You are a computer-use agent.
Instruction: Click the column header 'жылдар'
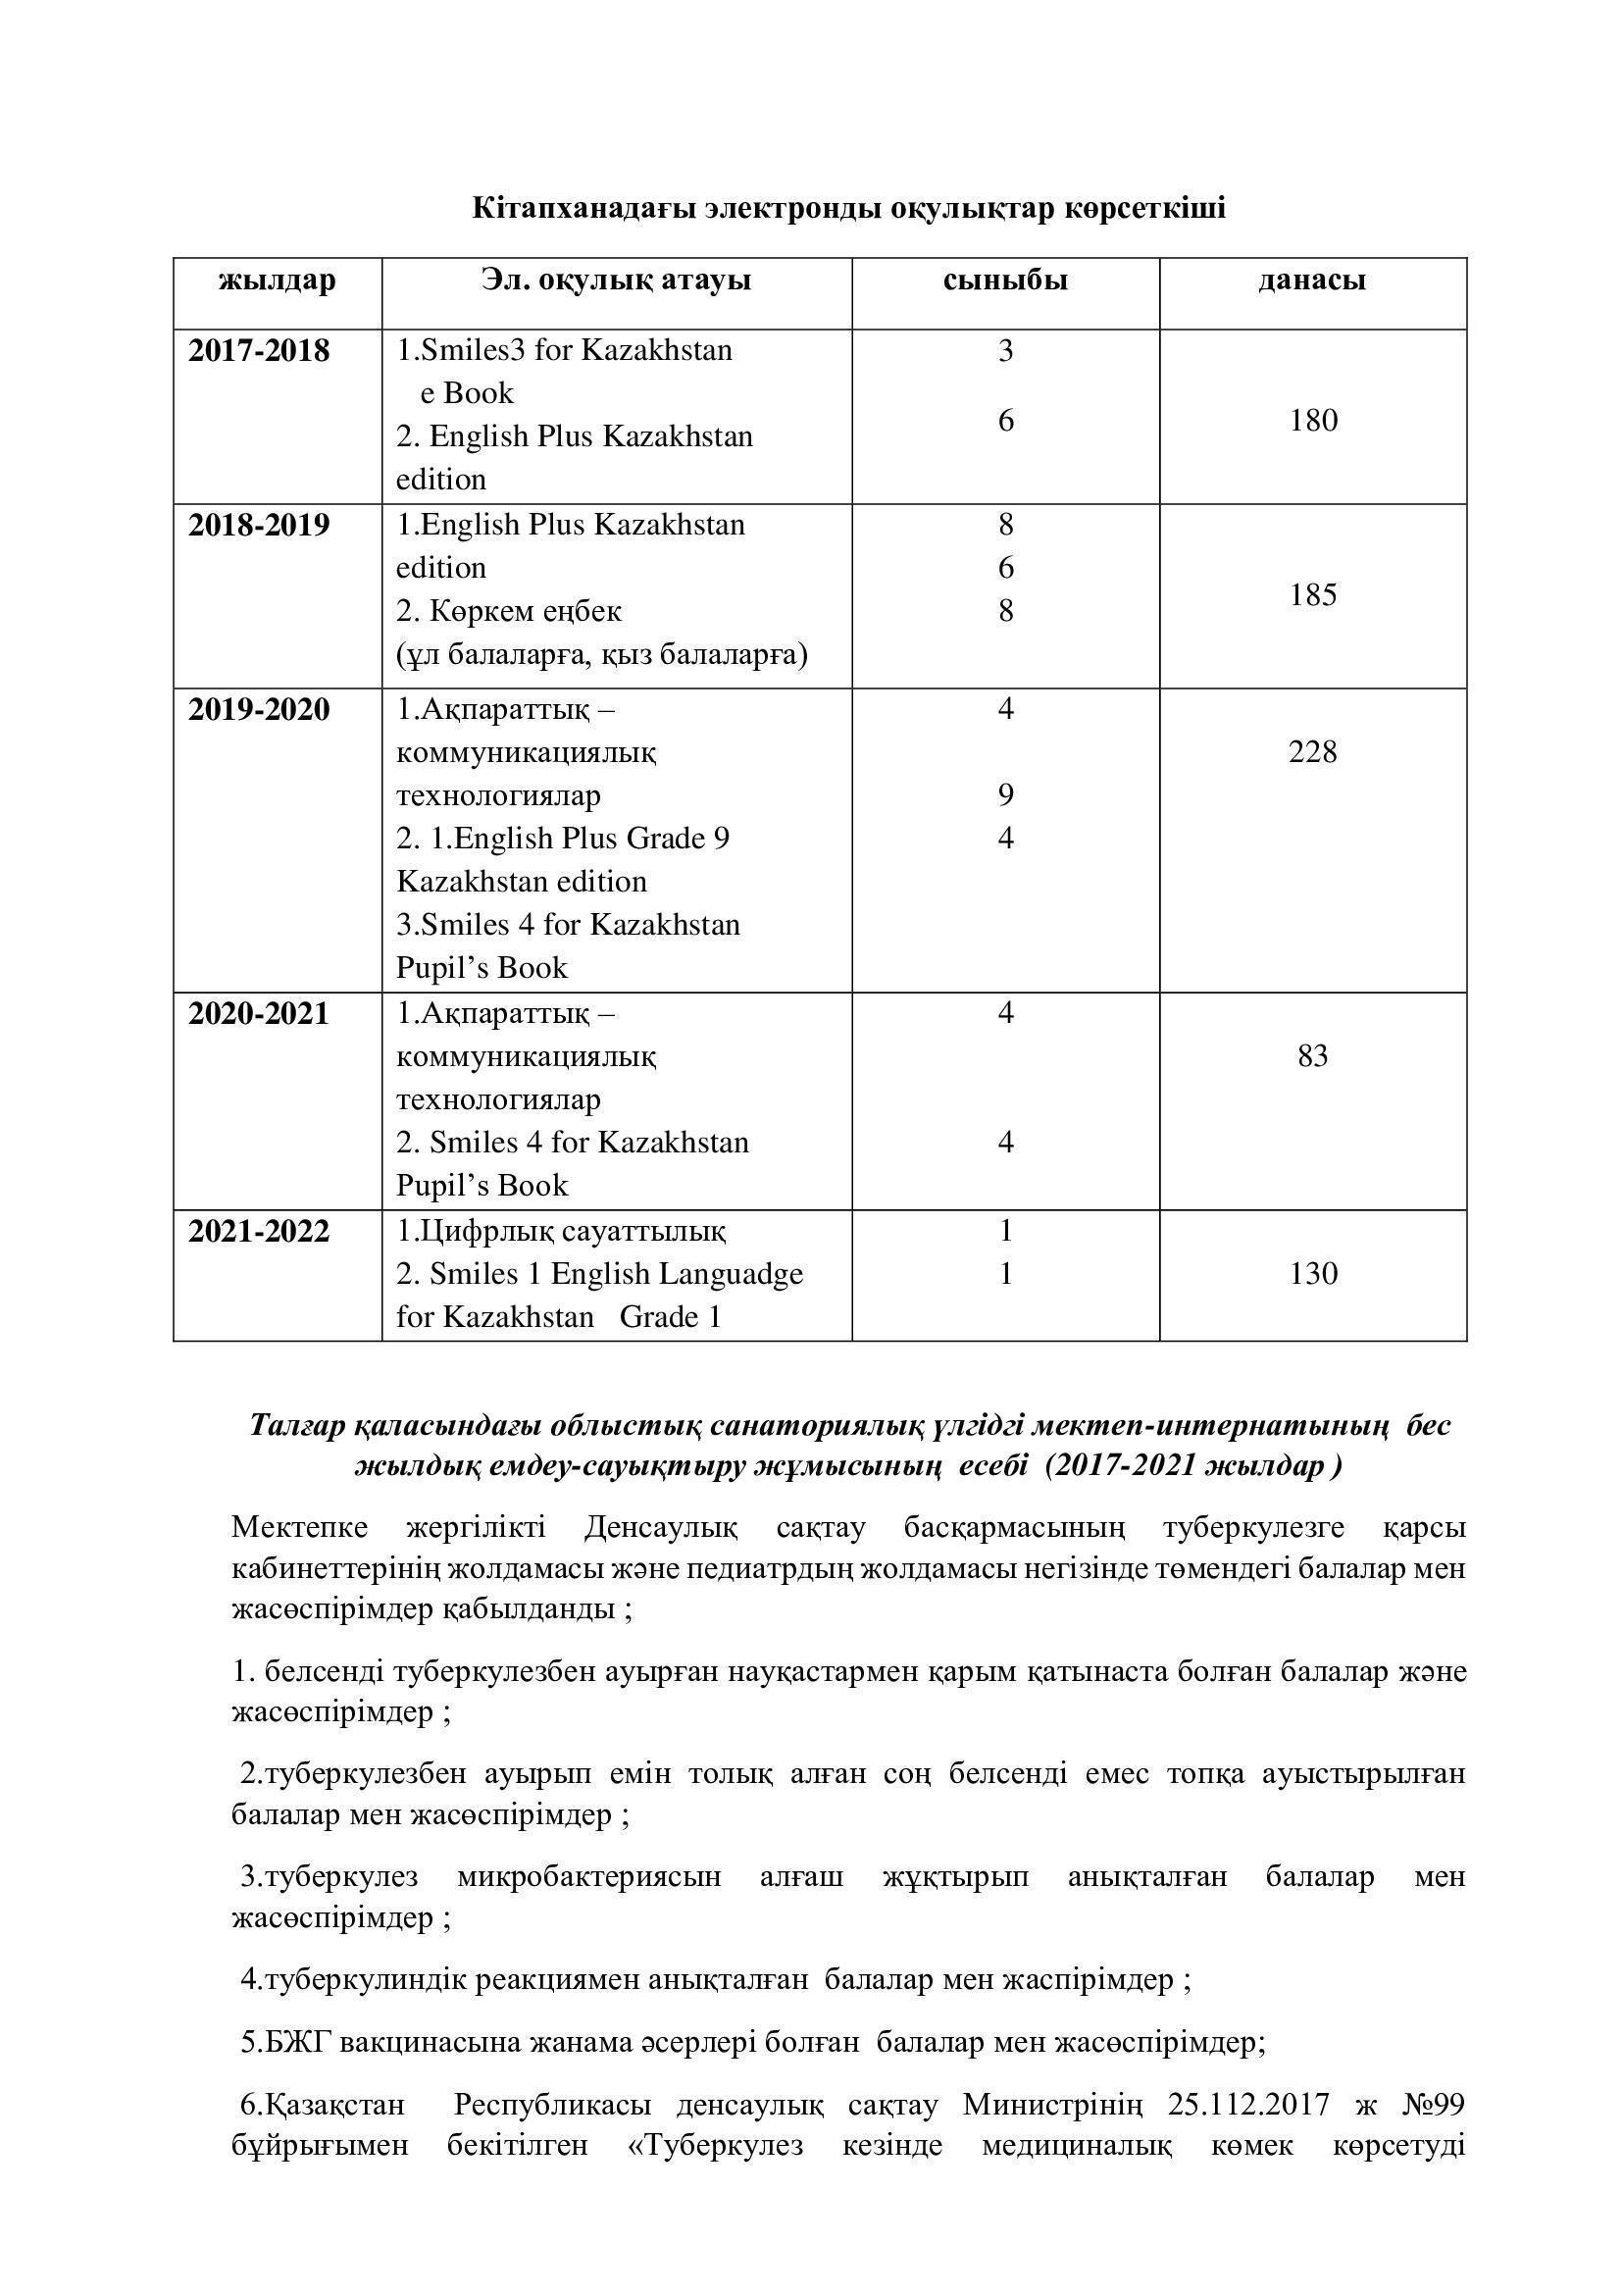pyautogui.click(x=277, y=280)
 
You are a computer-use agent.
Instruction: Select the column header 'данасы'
pyautogui.click(x=1311, y=280)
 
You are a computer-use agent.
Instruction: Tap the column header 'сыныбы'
pyautogui.click(x=1005, y=280)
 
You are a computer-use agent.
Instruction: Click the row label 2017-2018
pyautogui.click(x=259, y=352)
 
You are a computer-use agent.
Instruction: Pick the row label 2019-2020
pyautogui.click(x=259, y=710)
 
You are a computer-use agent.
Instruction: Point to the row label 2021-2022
pyautogui.click(x=259, y=1232)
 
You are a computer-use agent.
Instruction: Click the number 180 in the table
pyautogui.click(x=1312, y=421)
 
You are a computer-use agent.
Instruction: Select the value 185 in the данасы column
pyautogui.click(x=1312, y=595)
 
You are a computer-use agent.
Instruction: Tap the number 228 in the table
pyautogui.click(x=1312, y=752)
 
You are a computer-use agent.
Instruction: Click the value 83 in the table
pyautogui.click(x=1312, y=1056)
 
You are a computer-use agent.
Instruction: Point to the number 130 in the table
pyautogui.click(x=1312, y=1274)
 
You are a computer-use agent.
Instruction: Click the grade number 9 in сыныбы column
pyautogui.click(x=1006, y=795)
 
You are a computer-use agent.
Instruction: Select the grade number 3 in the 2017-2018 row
pyautogui.click(x=1006, y=351)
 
